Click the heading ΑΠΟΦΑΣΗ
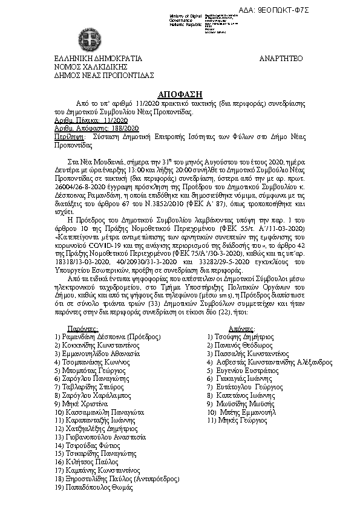pyautogui.click(x=180, y=96)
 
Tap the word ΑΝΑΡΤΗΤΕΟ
pyautogui.click(x=281, y=59)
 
